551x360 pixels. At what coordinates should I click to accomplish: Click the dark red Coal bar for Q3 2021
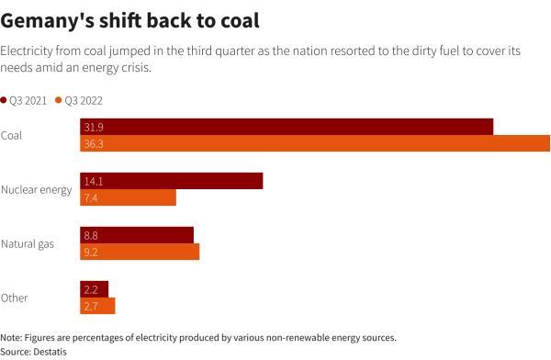point(287,127)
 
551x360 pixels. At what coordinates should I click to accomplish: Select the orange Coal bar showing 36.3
point(315,143)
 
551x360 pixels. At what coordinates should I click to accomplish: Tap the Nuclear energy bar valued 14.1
point(172,181)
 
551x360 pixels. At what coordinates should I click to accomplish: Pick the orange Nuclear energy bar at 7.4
point(128,197)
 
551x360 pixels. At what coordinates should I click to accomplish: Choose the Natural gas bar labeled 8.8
point(137,235)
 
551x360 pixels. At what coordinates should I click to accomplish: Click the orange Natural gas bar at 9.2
point(140,252)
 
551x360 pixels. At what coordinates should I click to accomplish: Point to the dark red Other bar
point(95,289)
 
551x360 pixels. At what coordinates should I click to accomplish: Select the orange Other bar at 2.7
point(97,306)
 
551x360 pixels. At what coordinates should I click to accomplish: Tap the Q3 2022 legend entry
point(84,99)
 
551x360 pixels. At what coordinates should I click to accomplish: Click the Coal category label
point(12,136)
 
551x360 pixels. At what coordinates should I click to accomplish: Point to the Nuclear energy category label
point(36,189)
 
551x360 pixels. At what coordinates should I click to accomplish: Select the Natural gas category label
point(28,243)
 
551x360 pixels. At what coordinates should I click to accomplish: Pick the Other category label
point(14,298)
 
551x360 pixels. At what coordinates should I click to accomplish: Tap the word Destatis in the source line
point(52,351)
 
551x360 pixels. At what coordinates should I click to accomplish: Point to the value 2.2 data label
point(91,289)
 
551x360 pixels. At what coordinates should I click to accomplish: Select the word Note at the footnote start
point(11,338)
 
